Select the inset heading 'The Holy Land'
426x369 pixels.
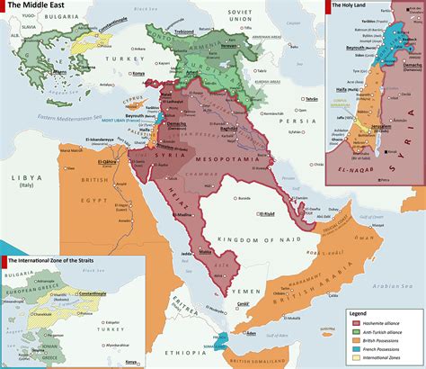pyautogui.click(x=352, y=5)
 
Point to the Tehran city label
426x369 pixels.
pyautogui.click(x=288, y=98)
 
